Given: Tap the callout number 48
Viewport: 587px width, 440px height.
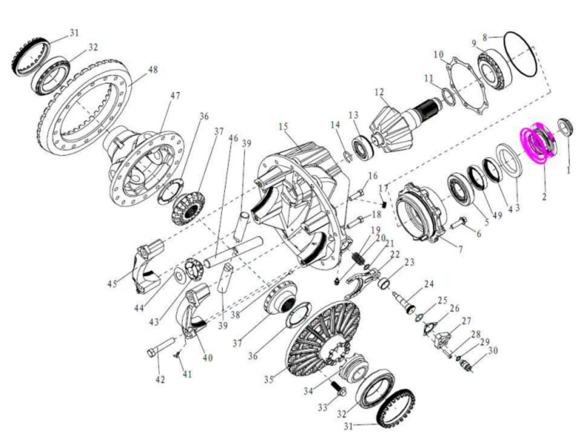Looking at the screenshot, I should [x=152, y=70].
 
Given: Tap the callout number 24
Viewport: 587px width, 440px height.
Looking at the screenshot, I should [x=429, y=285].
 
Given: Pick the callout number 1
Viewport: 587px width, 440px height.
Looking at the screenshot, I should [x=568, y=169].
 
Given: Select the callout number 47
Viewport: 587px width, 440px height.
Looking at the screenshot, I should [x=175, y=96].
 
